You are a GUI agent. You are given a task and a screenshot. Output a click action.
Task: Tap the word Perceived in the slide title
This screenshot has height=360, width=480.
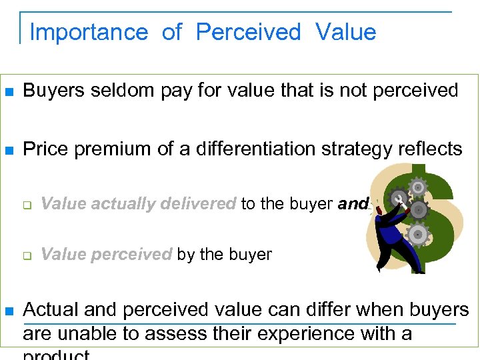249,32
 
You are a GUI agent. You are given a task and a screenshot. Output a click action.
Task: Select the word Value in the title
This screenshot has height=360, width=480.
346,32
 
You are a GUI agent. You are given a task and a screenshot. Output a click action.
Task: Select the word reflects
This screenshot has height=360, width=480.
429,149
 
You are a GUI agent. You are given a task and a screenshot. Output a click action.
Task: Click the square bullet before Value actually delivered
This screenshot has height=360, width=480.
27,205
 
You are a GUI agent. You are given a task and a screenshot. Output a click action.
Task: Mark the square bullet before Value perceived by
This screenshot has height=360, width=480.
27,255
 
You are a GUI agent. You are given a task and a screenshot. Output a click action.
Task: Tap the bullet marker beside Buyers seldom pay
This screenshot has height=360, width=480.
9,91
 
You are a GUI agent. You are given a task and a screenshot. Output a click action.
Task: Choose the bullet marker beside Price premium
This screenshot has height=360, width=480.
9,149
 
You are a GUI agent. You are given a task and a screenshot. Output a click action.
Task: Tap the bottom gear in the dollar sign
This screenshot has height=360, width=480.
417,234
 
